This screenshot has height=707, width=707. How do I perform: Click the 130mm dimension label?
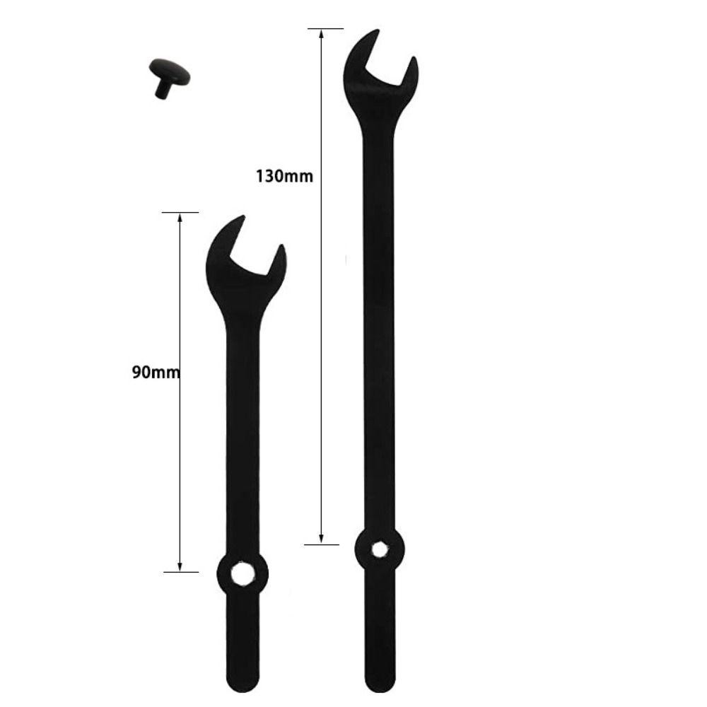(284, 176)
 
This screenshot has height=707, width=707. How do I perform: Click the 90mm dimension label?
(156, 373)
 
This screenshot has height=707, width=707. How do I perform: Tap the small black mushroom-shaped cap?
(169, 77)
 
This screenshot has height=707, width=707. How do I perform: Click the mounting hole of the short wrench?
(242, 574)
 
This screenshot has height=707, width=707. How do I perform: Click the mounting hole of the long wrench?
(379, 549)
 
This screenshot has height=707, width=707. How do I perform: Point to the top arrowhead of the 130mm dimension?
(321, 35)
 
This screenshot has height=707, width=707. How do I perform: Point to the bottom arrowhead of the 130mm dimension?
(321, 538)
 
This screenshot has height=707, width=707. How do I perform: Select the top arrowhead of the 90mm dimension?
(180, 218)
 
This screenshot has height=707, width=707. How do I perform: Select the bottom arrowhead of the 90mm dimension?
(180, 566)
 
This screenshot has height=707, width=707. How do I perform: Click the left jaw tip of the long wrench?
(378, 30)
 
